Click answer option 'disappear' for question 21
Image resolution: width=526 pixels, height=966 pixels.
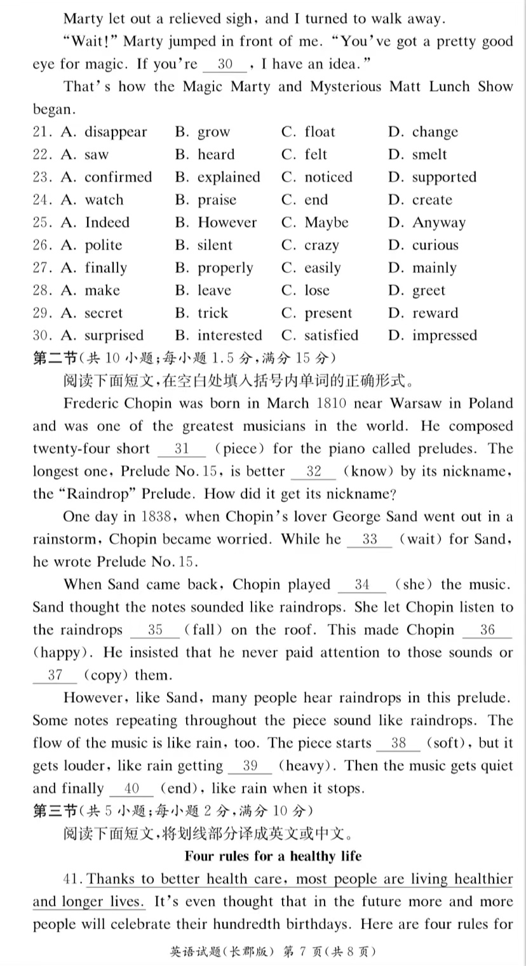click(x=115, y=132)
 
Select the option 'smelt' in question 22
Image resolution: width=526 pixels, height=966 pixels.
click(x=429, y=154)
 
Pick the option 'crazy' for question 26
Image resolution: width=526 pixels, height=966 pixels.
click(x=321, y=245)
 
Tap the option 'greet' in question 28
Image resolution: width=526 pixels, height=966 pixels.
click(x=428, y=290)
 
